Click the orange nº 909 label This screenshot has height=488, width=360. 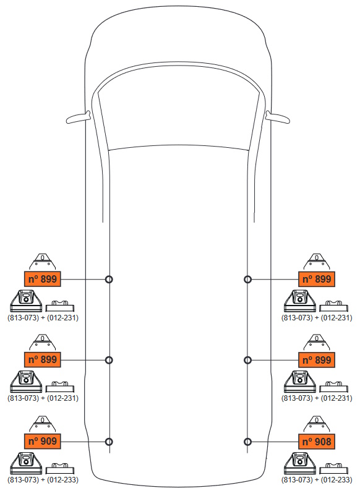[42, 441]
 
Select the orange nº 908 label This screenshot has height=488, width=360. [317, 442]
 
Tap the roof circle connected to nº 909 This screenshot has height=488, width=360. [109, 442]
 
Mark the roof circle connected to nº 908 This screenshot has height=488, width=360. [247, 442]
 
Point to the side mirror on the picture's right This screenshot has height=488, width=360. [277, 118]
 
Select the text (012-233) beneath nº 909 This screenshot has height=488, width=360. [62, 479]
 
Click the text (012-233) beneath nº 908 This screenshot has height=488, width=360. [336, 479]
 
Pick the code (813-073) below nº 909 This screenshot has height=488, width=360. [23, 479]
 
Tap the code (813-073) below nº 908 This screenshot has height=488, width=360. [297, 479]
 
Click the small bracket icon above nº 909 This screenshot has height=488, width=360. [42, 424]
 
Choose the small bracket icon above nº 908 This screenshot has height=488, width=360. [317, 424]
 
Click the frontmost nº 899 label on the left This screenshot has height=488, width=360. [42, 279]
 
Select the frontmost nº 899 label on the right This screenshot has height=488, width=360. [317, 279]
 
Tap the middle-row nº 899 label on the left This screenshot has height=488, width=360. [42, 359]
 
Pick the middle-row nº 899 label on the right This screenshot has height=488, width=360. [317, 360]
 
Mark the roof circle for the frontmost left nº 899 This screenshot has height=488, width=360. [109, 279]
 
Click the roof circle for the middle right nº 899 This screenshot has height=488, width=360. [247, 360]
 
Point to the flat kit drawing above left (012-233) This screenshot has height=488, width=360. [60, 469]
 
